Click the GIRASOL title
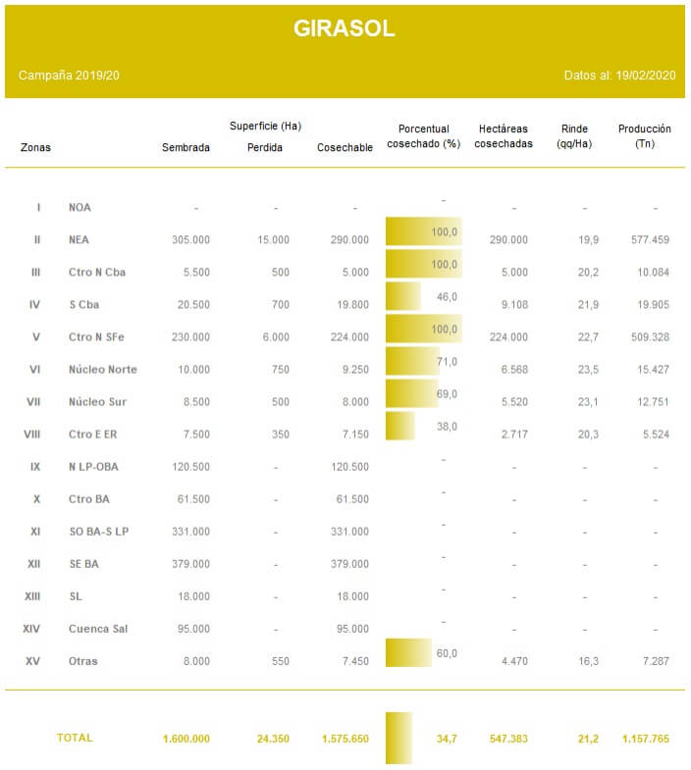click(344, 28)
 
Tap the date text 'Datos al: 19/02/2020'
click(619, 76)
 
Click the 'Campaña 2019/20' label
click(69, 76)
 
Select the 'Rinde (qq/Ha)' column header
click(574, 136)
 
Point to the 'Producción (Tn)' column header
click(644, 136)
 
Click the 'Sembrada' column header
click(186, 147)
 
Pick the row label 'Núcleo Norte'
click(103, 369)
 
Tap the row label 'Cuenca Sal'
click(98, 629)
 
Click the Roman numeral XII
click(34, 564)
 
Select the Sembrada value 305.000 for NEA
click(190, 239)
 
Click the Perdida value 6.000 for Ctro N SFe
click(276, 336)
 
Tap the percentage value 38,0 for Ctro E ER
click(447, 427)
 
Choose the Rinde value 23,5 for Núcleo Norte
click(588, 369)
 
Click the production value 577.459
click(650, 239)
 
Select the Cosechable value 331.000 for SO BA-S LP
click(349, 532)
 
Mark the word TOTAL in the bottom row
click(75, 738)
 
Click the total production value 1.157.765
click(646, 739)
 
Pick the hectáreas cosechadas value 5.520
click(514, 402)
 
